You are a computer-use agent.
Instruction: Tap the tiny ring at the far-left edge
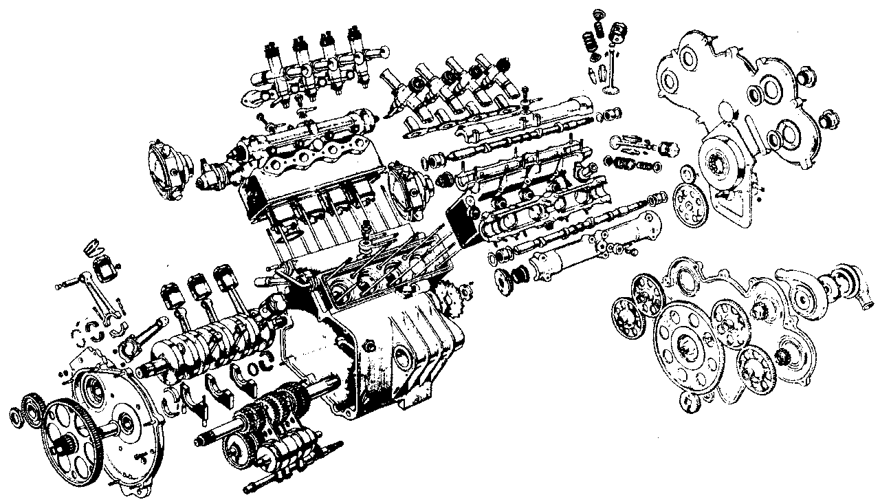point(16,417)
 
